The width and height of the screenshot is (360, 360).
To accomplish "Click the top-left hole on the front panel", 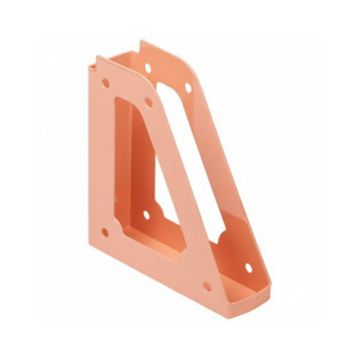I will click(105, 83).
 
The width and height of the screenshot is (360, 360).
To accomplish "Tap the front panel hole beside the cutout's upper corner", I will click(148, 103).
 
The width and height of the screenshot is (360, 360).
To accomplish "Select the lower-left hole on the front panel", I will click(105, 232).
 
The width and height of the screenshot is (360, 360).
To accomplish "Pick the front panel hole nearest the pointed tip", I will click(207, 286).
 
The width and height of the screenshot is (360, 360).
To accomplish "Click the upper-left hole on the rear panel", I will click(148, 68).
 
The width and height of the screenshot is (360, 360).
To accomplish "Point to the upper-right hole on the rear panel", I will click(188, 87).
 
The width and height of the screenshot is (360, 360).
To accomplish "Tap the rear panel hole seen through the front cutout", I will click(147, 215).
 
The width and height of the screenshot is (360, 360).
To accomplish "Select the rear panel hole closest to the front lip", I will click(249, 267).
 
